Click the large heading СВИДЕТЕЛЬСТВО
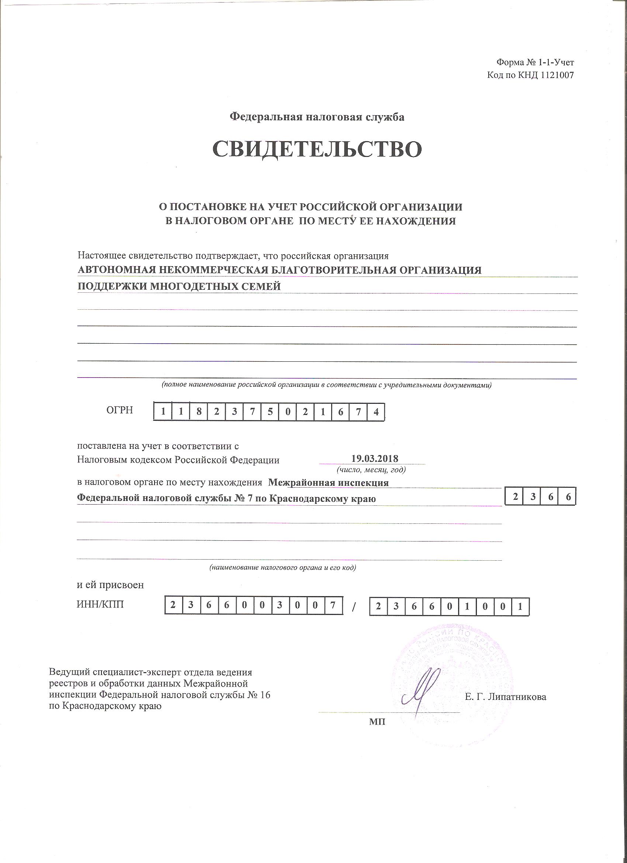(x=317, y=149)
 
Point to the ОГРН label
(x=120, y=410)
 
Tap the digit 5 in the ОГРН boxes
(x=270, y=412)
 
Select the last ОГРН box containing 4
(x=376, y=412)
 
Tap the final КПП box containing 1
(x=520, y=608)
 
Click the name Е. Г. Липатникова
(x=505, y=697)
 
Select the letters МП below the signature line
(x=377, y=722)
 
